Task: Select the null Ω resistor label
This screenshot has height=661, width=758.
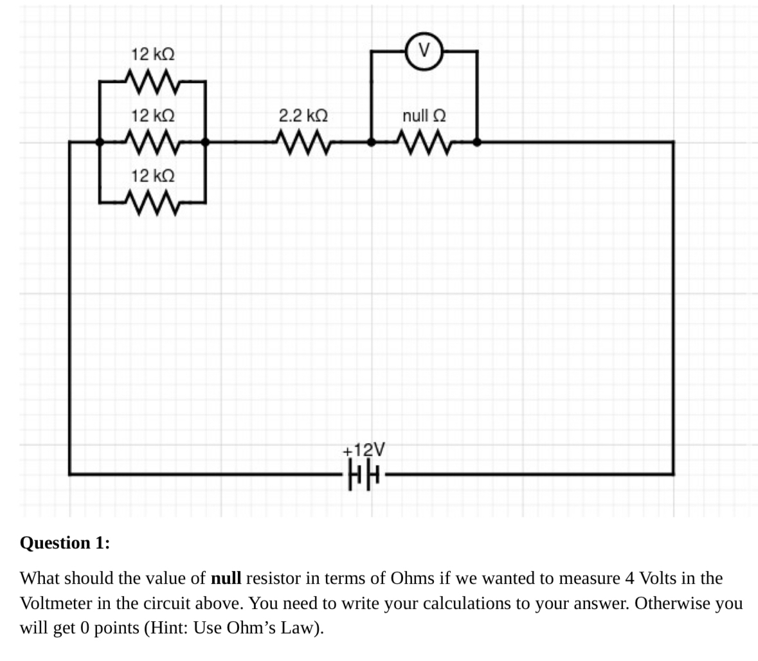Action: coord(424,116)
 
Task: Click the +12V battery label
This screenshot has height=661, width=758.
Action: coord(364,448)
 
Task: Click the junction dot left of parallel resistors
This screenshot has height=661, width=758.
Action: coord(100,142)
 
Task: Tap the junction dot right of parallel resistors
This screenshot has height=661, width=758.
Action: coord(205,142)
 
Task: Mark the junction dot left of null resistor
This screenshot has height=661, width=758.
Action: coord(371,142)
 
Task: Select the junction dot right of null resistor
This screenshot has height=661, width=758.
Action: coord(476,142)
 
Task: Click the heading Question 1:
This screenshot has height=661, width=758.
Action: coord(65,543)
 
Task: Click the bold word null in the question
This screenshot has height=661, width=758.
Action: coord(226,577)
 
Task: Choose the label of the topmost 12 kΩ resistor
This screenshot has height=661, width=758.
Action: coord(153,54)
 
